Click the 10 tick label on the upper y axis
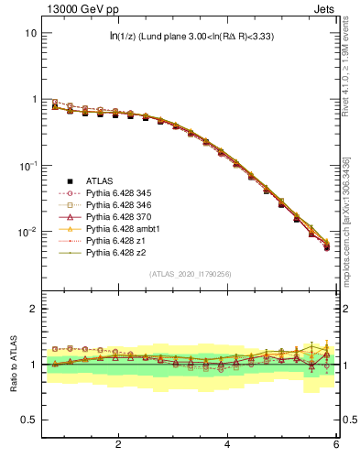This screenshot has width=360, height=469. pos(29,33)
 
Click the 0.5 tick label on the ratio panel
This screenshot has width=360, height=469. pos(27,420)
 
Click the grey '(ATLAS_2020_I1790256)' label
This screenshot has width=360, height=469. pos(191,274)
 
